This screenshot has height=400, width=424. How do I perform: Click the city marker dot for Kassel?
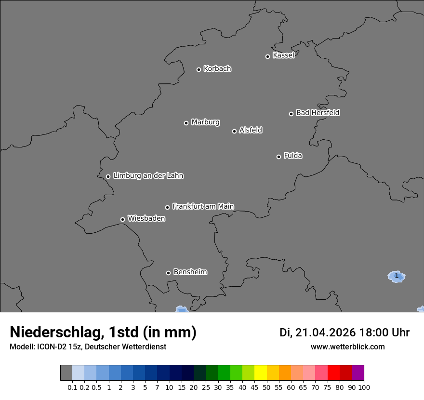267,56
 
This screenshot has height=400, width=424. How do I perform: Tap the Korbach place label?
217,69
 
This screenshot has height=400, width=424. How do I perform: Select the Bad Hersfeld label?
318,113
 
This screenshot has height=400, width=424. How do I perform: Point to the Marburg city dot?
186,123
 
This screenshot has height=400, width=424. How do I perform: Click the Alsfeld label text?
251,130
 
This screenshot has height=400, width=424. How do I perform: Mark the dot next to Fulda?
278,157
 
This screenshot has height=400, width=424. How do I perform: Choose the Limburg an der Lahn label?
148,176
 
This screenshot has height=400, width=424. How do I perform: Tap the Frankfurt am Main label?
203,206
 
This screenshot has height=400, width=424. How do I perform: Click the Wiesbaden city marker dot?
122,219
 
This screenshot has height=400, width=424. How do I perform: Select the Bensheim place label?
190,272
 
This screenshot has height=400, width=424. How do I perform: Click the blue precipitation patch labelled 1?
396,276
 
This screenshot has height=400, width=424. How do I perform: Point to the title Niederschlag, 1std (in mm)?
103,333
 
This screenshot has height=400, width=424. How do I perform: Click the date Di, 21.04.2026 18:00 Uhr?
344,333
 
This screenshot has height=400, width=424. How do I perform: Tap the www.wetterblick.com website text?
347,347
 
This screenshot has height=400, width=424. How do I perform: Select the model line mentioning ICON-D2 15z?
88,347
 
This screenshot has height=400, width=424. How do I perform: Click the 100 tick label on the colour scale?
364,387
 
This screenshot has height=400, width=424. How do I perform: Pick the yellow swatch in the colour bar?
261,373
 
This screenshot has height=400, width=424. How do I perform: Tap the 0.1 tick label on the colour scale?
72,387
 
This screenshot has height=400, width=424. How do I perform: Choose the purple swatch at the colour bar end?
358,373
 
